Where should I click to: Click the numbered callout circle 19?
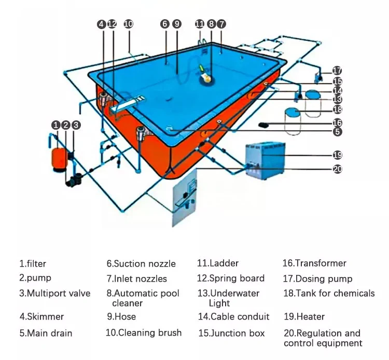[x=337, y=155]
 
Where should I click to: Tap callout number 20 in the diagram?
[x=337, y=169]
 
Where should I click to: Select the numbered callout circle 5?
[x=337, y=132]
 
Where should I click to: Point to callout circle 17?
[x=337, y=71]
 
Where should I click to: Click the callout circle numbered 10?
[x=129, y=24]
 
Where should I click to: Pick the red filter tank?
[x=57, y=154]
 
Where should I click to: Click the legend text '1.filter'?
[x=33, y=264]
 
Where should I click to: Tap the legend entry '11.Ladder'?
[x=218, y=264]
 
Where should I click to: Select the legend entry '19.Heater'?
[x=304, y=316]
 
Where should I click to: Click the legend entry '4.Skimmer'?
[x=41, y=316]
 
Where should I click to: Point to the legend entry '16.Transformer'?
[x=314, y=264]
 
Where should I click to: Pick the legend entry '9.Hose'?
[x=121, y=316]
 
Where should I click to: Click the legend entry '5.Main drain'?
[x=46, y=333]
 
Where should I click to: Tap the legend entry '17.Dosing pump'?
[x=317, y=279]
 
